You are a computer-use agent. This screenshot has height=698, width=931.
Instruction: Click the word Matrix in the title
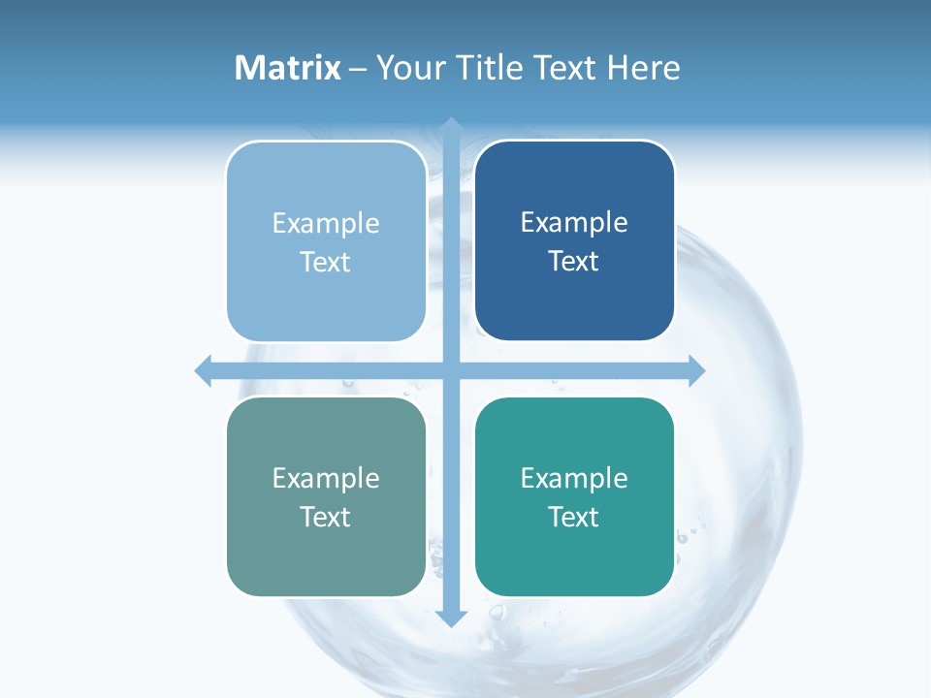coord(288,68)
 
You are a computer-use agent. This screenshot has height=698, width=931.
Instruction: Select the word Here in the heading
coord(643,68)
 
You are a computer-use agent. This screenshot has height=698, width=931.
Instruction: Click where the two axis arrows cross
coord(451,370)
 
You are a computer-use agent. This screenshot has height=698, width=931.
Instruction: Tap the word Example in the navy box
coord(574,223)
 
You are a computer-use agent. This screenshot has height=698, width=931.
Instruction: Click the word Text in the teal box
coord(574,517)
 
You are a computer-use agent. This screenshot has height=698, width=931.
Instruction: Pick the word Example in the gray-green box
coord(326,478)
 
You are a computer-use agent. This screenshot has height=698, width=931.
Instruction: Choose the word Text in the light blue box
coord(326,262)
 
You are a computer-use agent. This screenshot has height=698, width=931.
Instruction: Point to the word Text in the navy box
coord(574,261)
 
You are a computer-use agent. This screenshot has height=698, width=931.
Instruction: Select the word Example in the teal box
coord(574,478)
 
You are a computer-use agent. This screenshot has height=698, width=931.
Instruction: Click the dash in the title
coord(358,69)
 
